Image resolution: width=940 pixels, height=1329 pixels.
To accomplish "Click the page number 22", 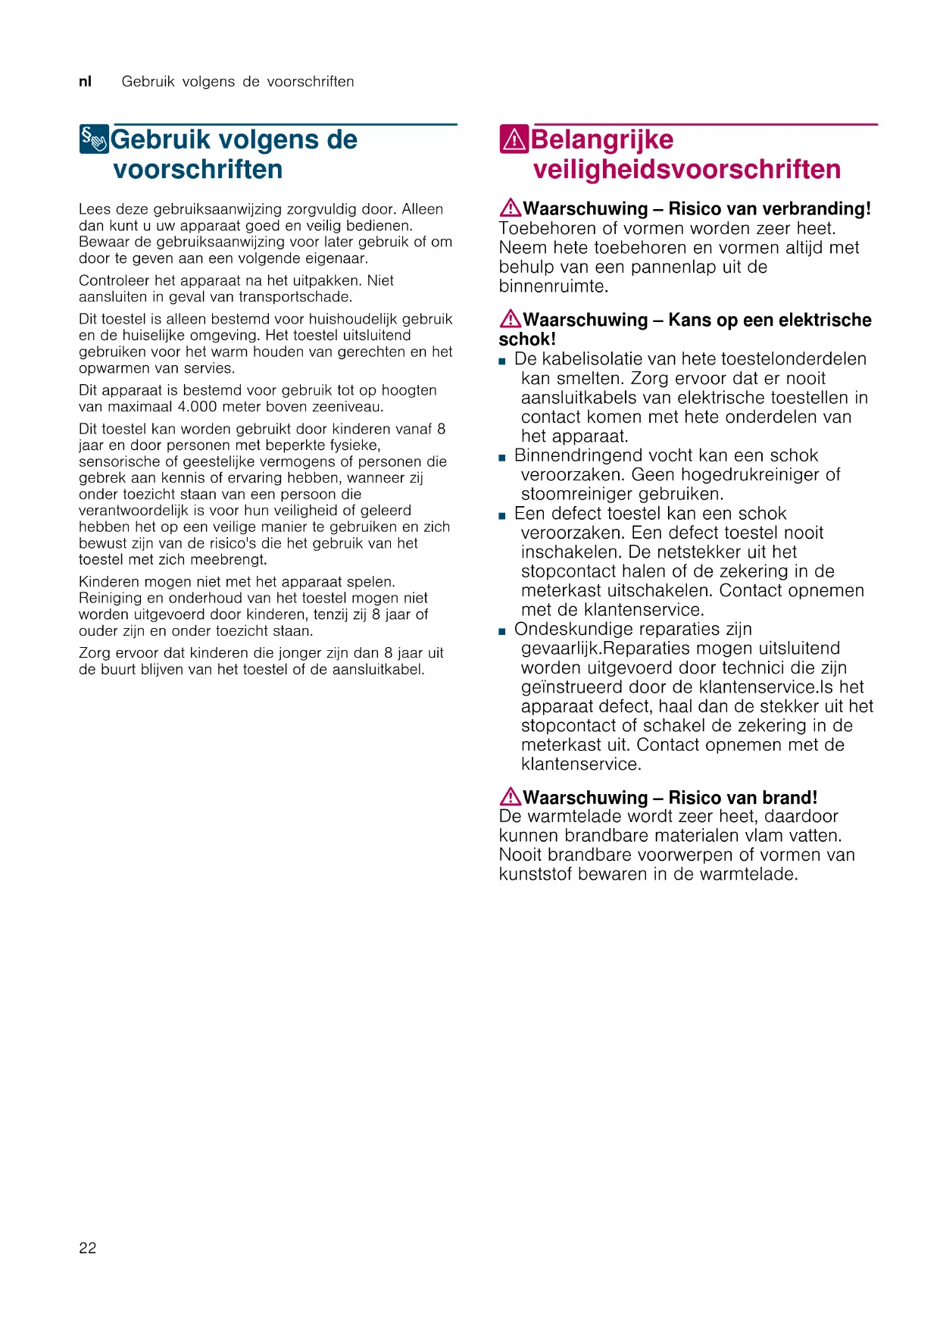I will pos(87,1248).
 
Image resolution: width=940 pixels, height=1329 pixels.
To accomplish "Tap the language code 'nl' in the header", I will pos(85,81).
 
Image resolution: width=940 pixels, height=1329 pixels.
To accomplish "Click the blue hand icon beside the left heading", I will pos(94,139).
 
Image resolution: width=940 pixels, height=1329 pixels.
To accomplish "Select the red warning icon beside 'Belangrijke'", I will pos(514,139).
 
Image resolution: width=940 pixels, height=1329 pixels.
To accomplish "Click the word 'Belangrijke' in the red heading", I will pos(602,139).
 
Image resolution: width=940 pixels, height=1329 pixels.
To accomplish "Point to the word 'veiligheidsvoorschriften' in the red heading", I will pos(686,169).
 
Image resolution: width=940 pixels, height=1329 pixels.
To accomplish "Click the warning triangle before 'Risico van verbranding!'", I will pos(510,207).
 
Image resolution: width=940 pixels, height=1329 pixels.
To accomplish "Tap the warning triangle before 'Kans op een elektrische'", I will pos(510,318).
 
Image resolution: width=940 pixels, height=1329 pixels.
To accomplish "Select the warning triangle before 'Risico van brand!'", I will pos(510,796).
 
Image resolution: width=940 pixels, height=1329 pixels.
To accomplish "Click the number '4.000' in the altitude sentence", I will pos(197,406).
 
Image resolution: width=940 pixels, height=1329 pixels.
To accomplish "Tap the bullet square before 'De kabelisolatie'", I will pos(502,361).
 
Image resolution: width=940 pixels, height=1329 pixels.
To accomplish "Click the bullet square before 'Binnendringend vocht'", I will pos(502,458).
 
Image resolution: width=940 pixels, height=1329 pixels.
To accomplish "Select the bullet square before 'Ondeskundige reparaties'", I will pos(502,631).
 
